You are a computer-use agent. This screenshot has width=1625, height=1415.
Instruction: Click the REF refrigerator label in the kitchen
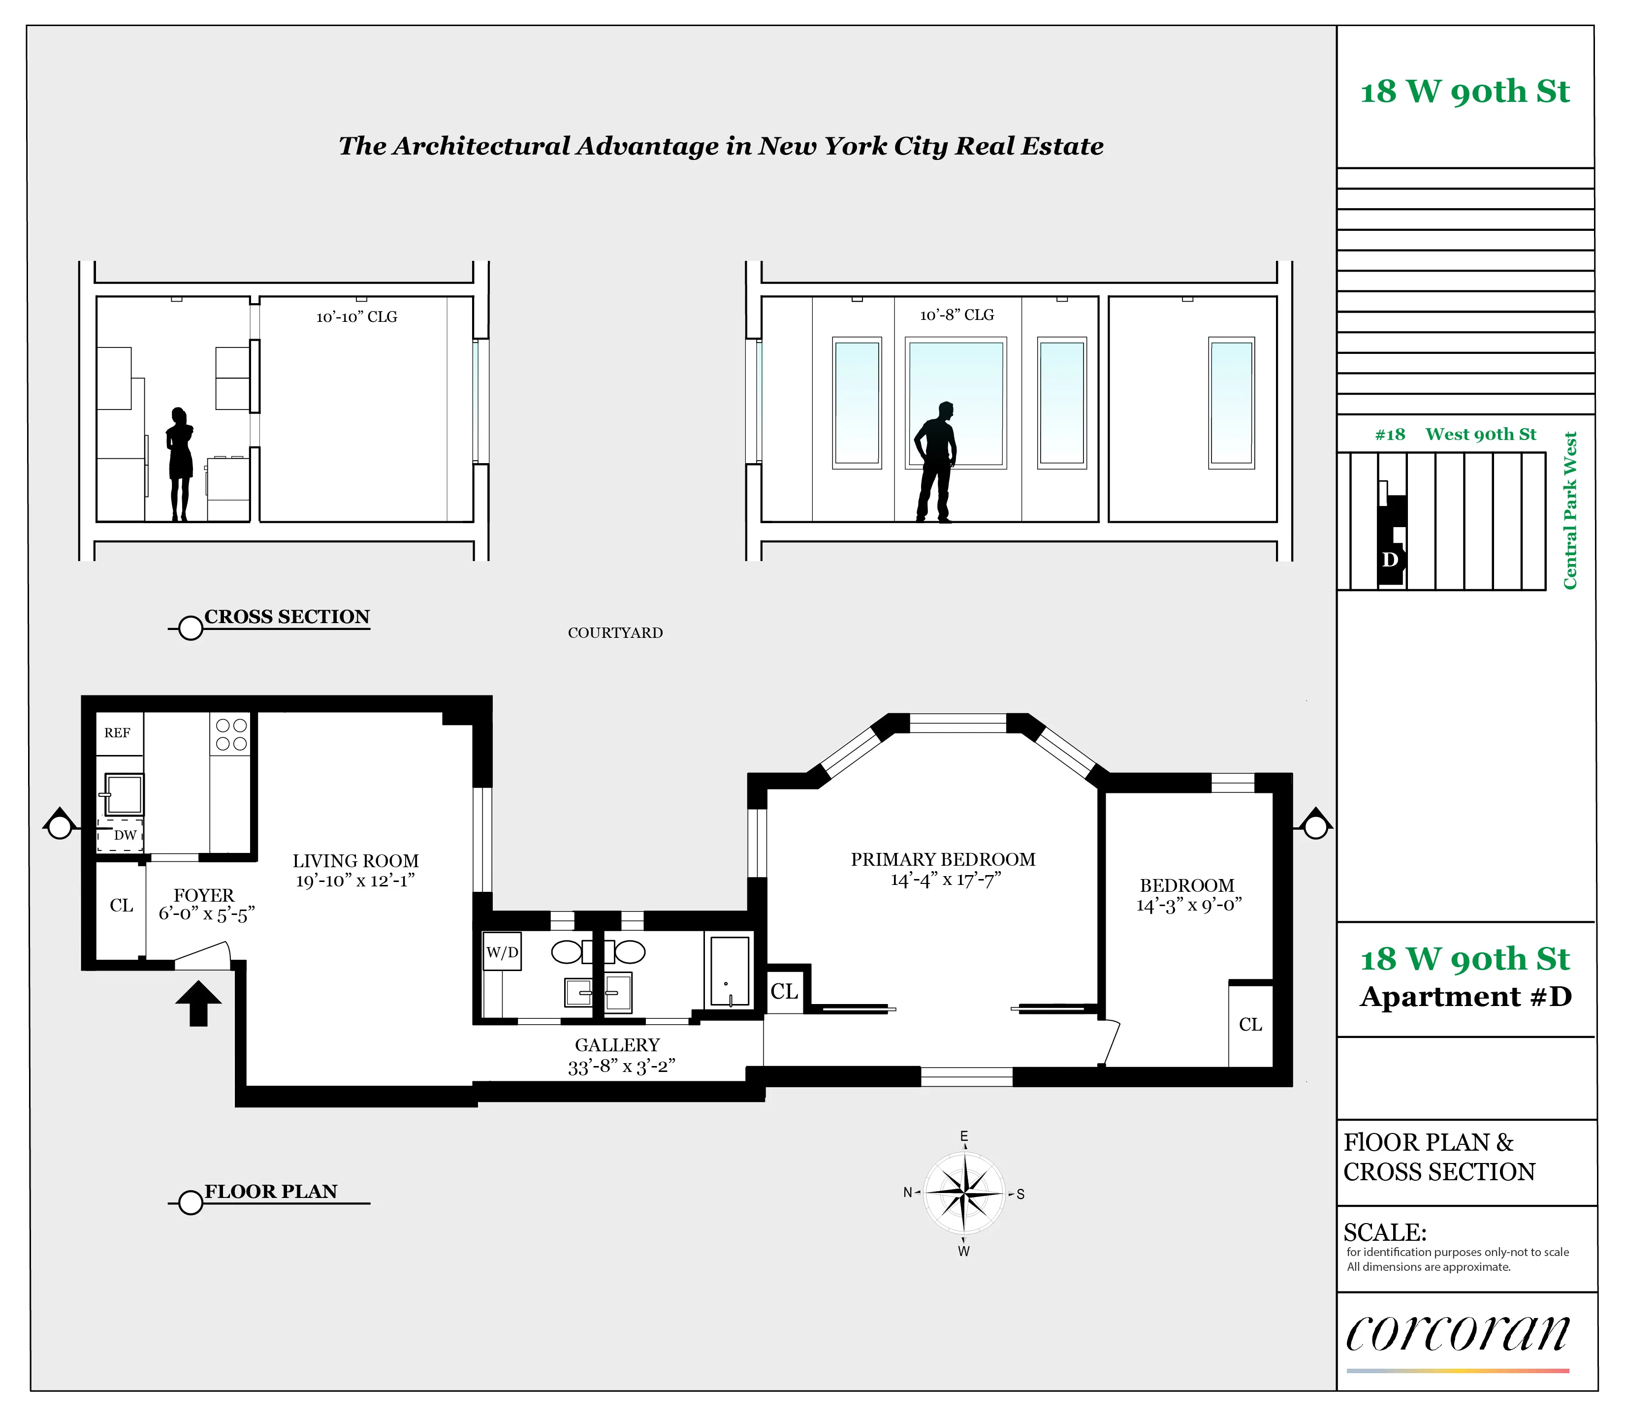click(x=117, y=733)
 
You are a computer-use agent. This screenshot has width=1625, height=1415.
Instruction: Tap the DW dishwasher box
click(x=121, y=835)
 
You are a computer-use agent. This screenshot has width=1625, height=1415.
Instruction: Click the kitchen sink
click(x=125, y=793)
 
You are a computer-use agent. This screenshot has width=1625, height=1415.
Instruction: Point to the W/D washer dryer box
click(x=502, y=952)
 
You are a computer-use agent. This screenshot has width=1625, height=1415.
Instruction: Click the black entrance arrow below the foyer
click(x=198, y=1003)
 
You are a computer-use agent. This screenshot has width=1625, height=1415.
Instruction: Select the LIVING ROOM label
click(x=355, y=861)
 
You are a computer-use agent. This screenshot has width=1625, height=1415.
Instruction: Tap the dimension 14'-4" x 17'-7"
click(x=945, y=880)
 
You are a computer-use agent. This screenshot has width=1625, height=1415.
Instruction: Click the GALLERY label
click(x=617, y=1045)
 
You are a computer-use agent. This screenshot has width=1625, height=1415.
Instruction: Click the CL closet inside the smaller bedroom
click(x=1250, y=1025)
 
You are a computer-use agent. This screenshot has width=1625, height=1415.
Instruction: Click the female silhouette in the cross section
click(x=180, y=464)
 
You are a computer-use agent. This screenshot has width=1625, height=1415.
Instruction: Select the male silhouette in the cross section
click(x=936, y=462)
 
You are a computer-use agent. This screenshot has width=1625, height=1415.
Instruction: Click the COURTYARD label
click(x=615, y=632)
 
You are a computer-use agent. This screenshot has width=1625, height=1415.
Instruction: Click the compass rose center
click(x=964, y=1193)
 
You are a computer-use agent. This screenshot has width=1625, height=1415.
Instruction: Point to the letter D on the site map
click(x=1390, y=560)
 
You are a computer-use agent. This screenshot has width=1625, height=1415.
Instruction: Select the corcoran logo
click(x=1458, y=1334)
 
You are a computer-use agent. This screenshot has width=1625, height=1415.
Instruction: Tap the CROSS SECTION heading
click(x=287, y=617)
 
